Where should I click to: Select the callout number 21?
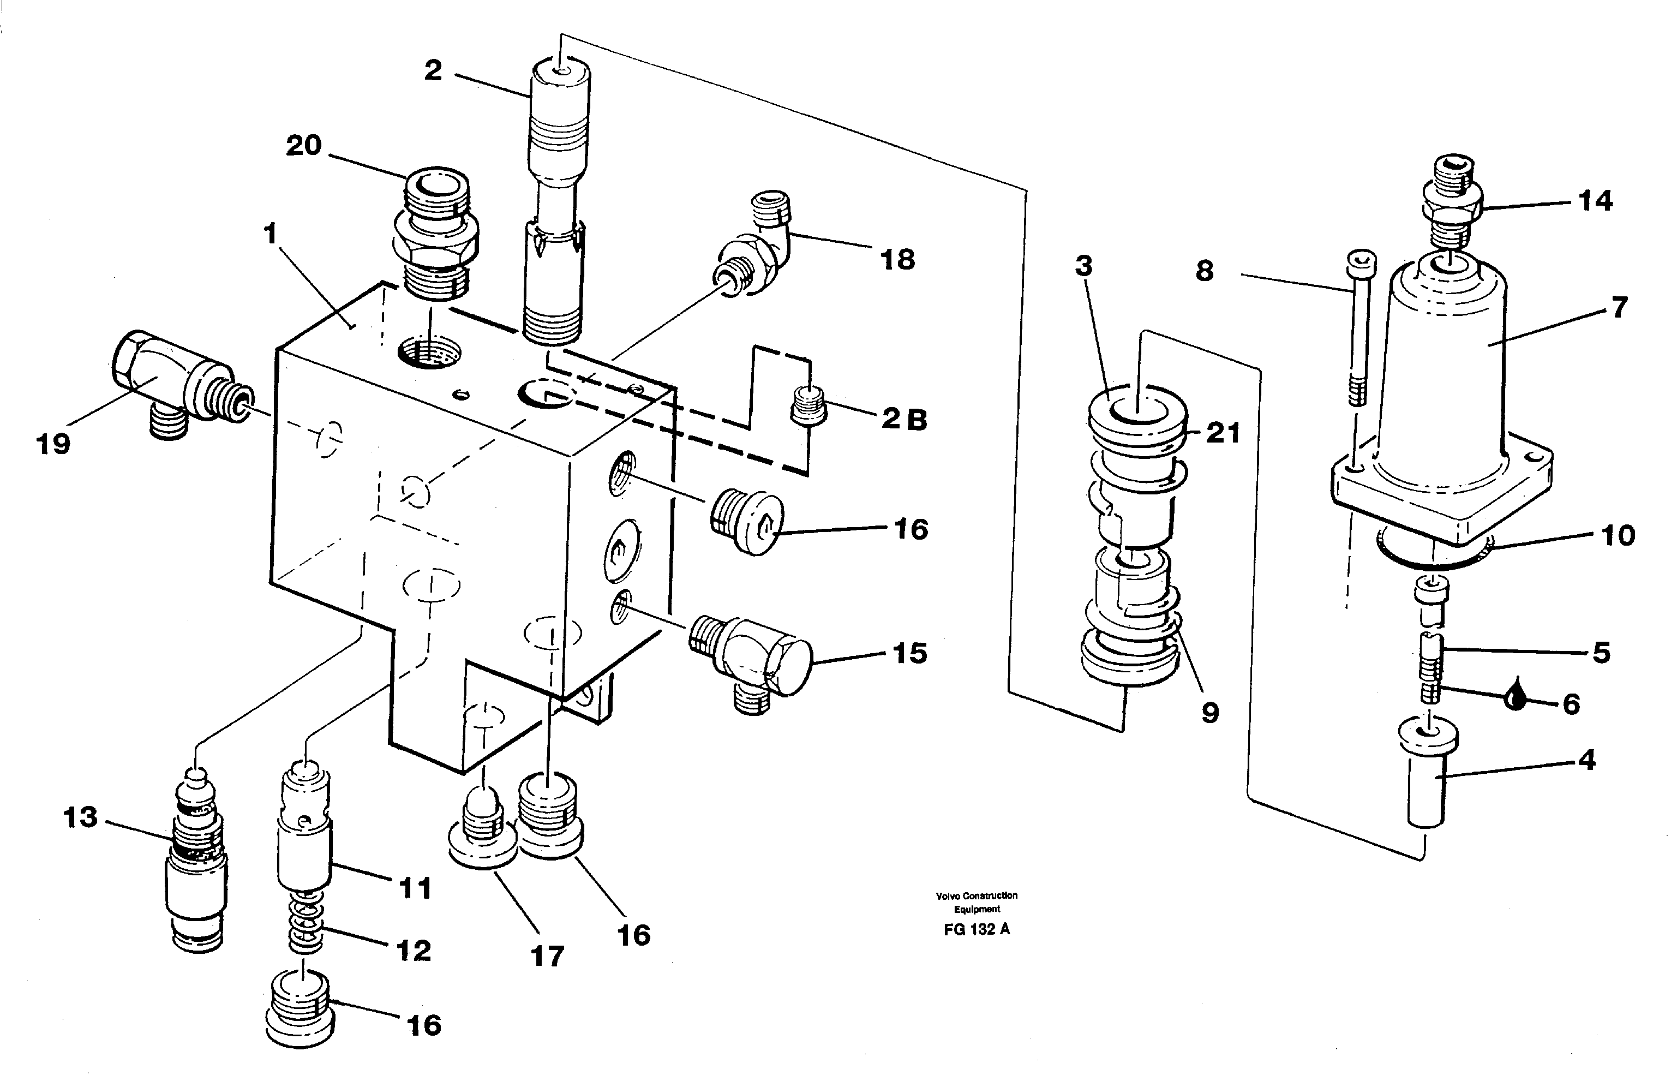pyautogui.click(x=1223, y=433)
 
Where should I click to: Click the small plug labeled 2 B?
pyautogui.click(x=807, y=406)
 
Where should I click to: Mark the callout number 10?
pyautogui.click(x=1618, y=535)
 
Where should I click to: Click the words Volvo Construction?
pyautogui.click(x=976, y=895)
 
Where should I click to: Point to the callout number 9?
pyautogui.click(x=1209, y=713)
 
